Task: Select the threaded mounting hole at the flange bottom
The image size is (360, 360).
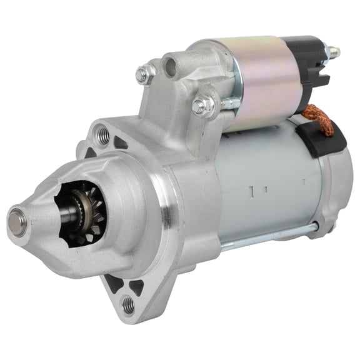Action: point(128,304)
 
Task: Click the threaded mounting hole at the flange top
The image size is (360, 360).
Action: point(102,134)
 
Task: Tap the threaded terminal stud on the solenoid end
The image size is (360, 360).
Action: point(335,51)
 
